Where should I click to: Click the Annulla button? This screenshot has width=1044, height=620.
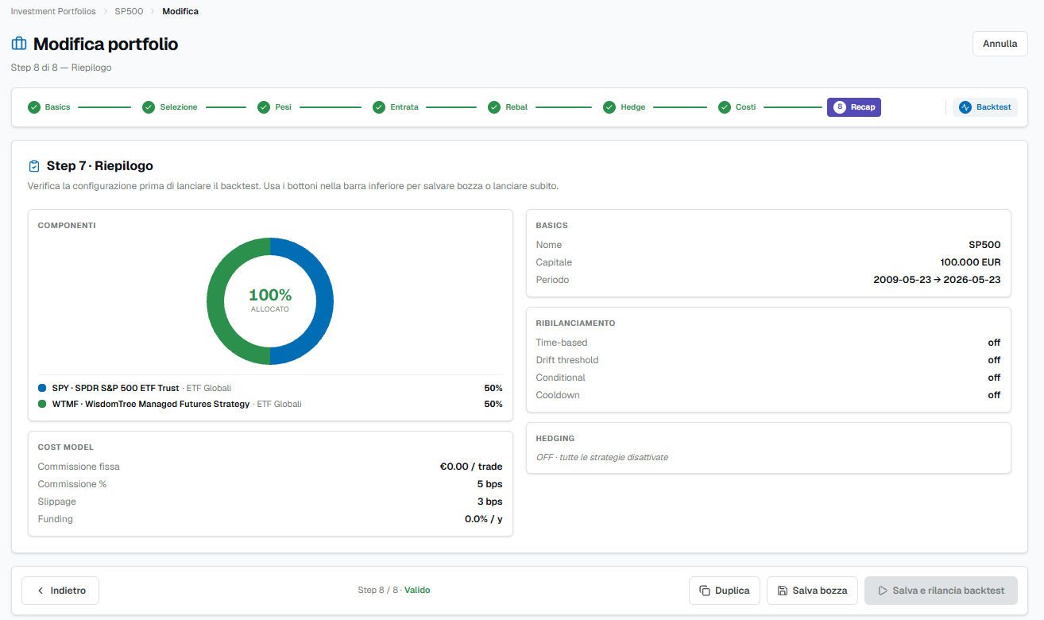click(1000, 44)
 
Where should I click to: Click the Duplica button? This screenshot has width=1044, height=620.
click(725, 591)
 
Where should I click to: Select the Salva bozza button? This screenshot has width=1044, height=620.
click(812, 591)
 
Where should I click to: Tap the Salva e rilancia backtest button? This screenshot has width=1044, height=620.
click(941, 591)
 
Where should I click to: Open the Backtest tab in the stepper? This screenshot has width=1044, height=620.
click(985, 107)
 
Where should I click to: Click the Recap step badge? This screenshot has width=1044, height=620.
click(854, 107)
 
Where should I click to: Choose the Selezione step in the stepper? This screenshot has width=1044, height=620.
click(170, 107)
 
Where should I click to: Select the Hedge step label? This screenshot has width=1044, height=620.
click(632, 107)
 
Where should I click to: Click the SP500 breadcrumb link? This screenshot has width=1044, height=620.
click(129, 11)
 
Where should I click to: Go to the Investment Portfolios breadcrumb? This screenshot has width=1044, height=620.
click(53, 11)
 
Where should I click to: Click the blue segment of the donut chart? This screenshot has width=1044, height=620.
click(324, 300)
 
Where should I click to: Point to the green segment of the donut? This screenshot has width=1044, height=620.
click(215, 300)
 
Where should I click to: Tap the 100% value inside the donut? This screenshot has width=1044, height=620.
click(270, 295)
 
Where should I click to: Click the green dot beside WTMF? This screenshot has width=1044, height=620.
click(42, 404)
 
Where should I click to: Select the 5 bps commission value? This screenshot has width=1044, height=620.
click(489, 484)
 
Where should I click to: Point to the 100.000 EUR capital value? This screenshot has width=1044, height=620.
click(970, 262)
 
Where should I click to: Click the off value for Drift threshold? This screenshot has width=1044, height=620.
click(994, 360)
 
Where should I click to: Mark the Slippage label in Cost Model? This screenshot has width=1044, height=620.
click(57, 502)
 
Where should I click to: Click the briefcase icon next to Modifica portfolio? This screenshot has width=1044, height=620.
click(19, 44)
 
